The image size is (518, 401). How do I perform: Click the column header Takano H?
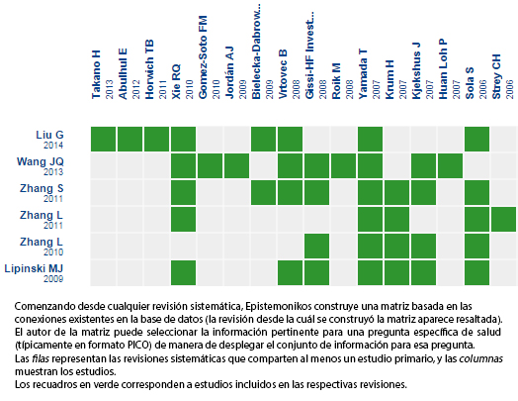[x=96, y=74]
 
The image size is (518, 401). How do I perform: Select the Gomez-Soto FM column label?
[x=203, y=56]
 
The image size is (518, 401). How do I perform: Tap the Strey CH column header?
[x=496, y=76]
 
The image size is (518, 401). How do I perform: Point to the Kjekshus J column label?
[x=416, y=70]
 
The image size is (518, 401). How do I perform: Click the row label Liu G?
[x=49, y=135]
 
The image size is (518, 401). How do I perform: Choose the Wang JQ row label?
[x=40, y=161]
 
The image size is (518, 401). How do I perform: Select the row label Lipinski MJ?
[x=34, y=268]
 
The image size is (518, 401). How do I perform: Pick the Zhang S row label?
[x=42, y=188]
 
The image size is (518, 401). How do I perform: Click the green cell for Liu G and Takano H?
[x=104, y=139]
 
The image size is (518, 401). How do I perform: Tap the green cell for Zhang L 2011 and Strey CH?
[x=503, y=219]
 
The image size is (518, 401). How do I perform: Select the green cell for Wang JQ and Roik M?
[x=344, y=165]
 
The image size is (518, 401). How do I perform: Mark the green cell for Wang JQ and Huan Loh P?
[x=450, y=165]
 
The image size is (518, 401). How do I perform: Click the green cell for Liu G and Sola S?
[x=477, y=139]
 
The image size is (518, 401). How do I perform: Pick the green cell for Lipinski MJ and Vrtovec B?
[x=290, y=272]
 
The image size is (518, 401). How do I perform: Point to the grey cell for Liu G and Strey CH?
[x=503, y=139]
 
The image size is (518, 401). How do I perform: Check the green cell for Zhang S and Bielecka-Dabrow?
[x=263, y=192]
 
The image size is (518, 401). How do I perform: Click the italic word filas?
[x=41, y=358]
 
